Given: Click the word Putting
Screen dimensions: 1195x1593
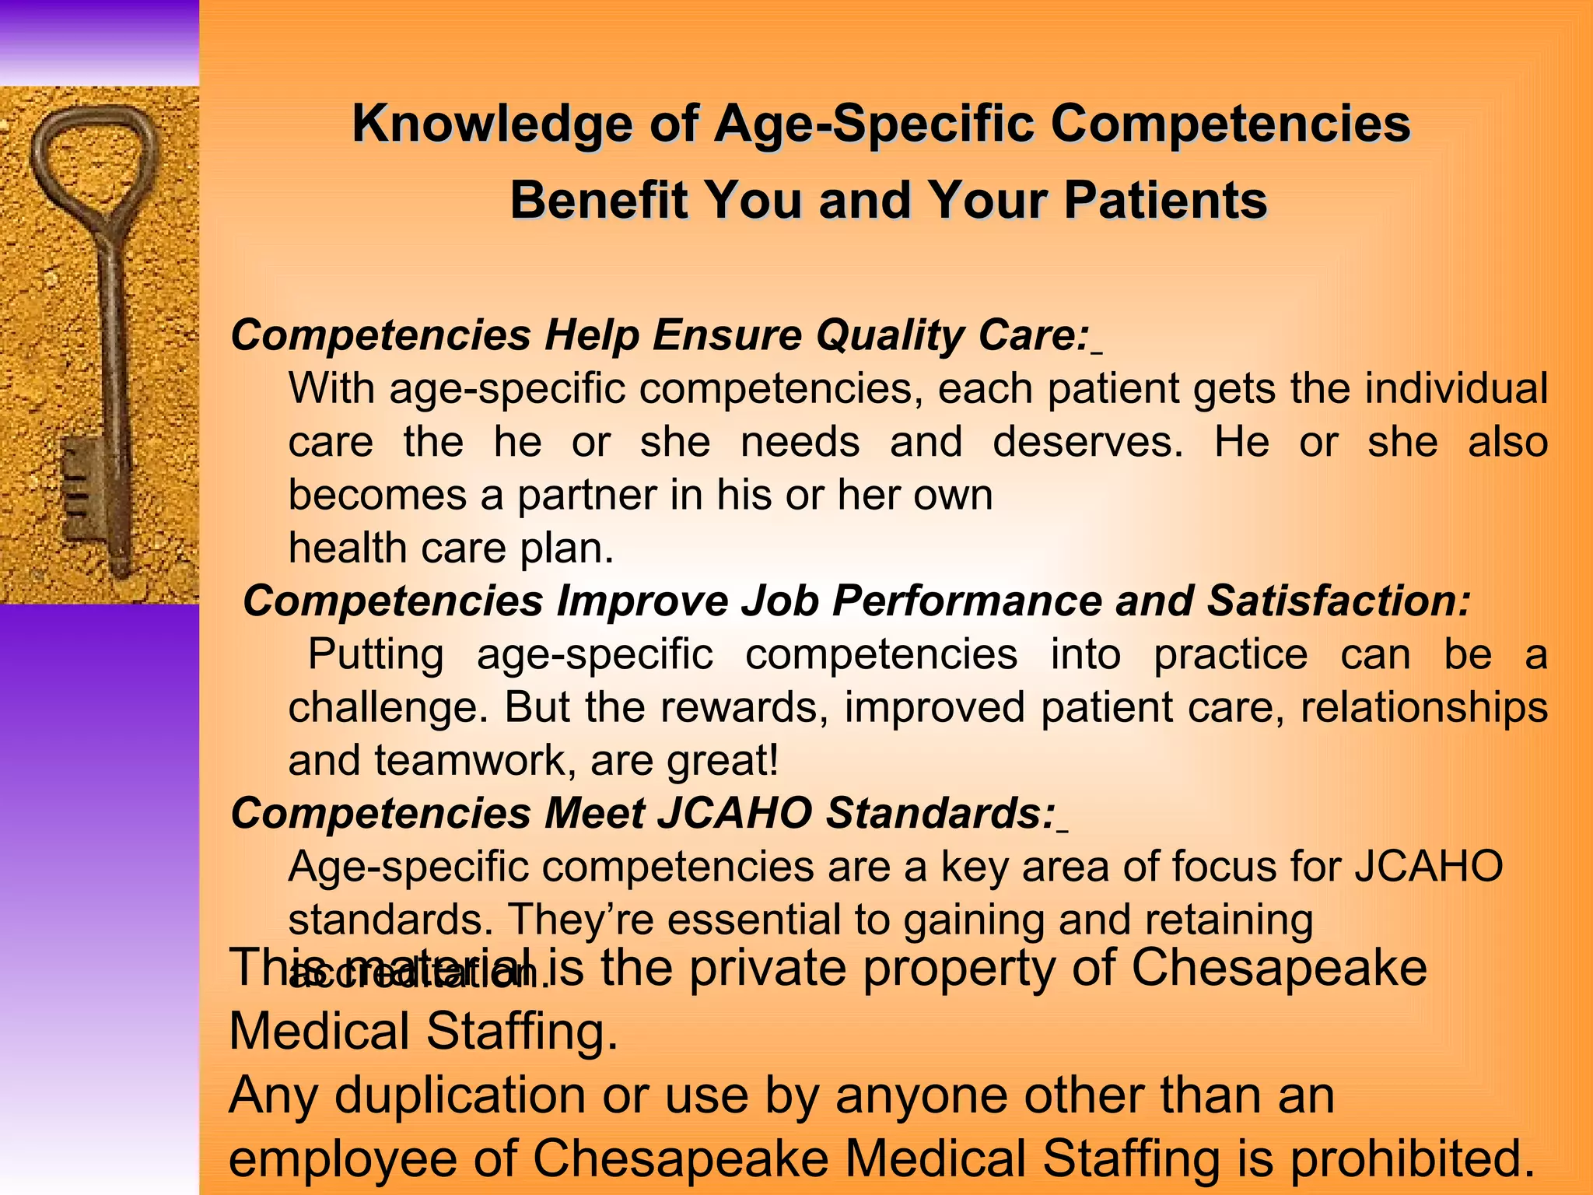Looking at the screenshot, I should [x=376, y=654].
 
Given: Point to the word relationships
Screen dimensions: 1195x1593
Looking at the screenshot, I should [x=1423, y=708].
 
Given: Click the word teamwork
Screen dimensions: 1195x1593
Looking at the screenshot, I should [x=475, y=761].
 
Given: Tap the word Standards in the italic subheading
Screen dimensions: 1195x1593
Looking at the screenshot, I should [x=940, y=814].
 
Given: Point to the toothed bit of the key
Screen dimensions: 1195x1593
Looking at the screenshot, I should [x=82, y=490].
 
